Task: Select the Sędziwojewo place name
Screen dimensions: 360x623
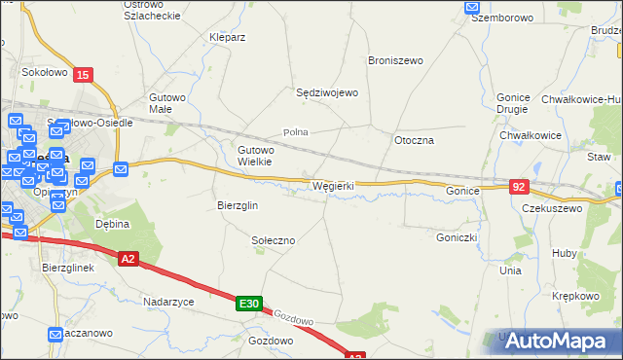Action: click(x=328, y=92)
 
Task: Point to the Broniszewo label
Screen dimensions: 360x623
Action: click(x=395, y=60)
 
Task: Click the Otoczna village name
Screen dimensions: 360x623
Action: click(x=414, y=140)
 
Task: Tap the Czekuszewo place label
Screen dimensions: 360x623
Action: click(x=552, y=208)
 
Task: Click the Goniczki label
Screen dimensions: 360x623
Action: click(x=456, y=235)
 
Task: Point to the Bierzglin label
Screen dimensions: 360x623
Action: click(x=237, y=205)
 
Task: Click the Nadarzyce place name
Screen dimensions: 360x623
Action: click(x=168, y=302)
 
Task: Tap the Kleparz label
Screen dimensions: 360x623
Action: click(x=227, y=37)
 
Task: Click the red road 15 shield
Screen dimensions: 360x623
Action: click(x=84, y=75)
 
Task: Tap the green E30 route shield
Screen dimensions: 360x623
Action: click(x=248, y=305)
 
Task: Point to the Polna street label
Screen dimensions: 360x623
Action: click(x=295, y=131)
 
